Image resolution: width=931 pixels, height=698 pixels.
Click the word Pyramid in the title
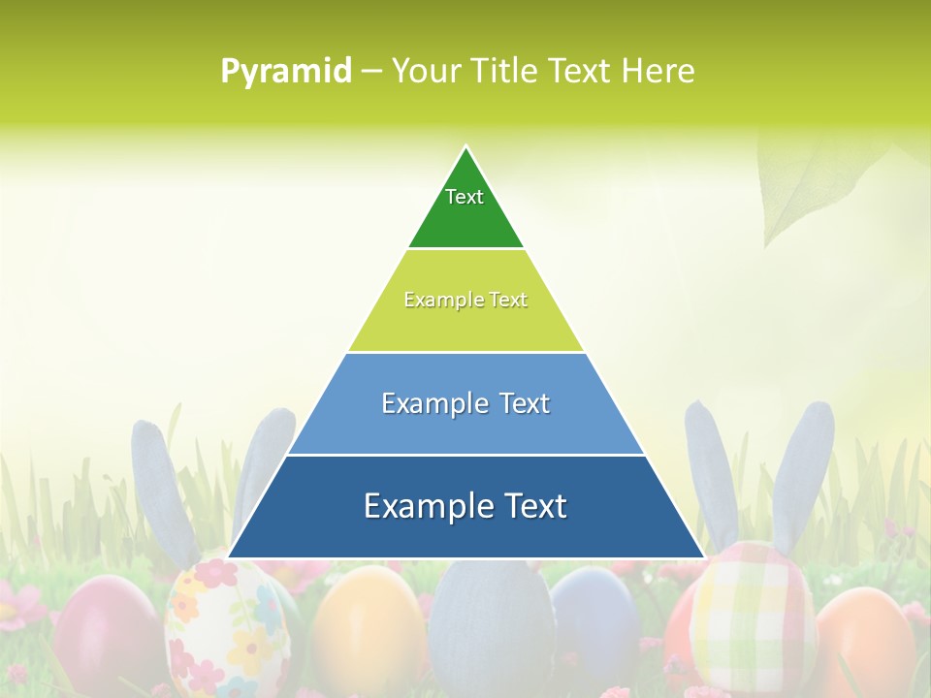(x=286, y=72)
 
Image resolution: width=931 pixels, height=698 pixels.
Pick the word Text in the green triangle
(x=465, y=197)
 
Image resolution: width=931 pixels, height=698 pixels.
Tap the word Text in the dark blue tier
(x=534, y=506)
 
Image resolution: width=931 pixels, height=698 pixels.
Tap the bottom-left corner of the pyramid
(x=229, y=557)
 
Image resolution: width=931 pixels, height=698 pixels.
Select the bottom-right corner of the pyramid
(x=704, y=557)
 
